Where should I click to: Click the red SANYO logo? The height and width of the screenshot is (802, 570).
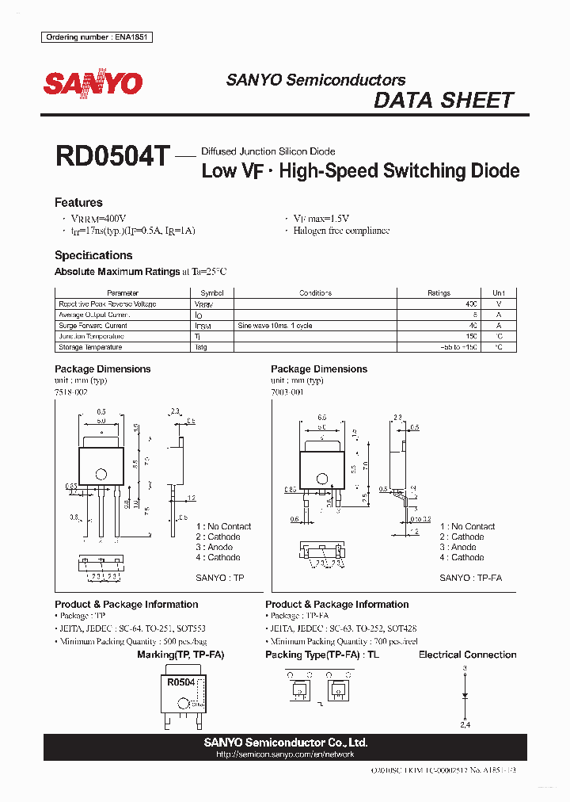tap(93, 83)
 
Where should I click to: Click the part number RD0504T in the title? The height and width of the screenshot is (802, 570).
tap(112, 156)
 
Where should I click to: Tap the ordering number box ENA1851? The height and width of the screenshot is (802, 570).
tap(97, 37)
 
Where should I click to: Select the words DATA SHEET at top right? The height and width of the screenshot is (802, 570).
tap(443, 101)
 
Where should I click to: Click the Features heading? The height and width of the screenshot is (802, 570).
tap(78, 202)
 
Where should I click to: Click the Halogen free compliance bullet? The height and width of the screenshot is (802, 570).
tap(341, 231)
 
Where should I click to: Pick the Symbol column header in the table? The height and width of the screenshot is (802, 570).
tap(213, 292)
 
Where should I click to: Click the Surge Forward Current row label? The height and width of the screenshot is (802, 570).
tap(93, 326)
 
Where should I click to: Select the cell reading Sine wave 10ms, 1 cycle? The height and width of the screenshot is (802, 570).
tap(275, 326)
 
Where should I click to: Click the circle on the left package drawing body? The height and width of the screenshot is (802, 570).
tap(101, 475)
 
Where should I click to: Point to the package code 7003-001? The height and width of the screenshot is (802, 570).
tap(288, 391)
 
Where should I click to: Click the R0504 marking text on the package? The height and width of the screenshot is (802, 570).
tap(180, 682)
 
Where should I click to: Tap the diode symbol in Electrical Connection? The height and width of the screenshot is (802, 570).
tap(465, 696)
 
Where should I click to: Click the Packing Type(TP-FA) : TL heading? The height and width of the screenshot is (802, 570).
tap(322, 655)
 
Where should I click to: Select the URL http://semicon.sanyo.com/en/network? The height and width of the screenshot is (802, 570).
tap(285, 754)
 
